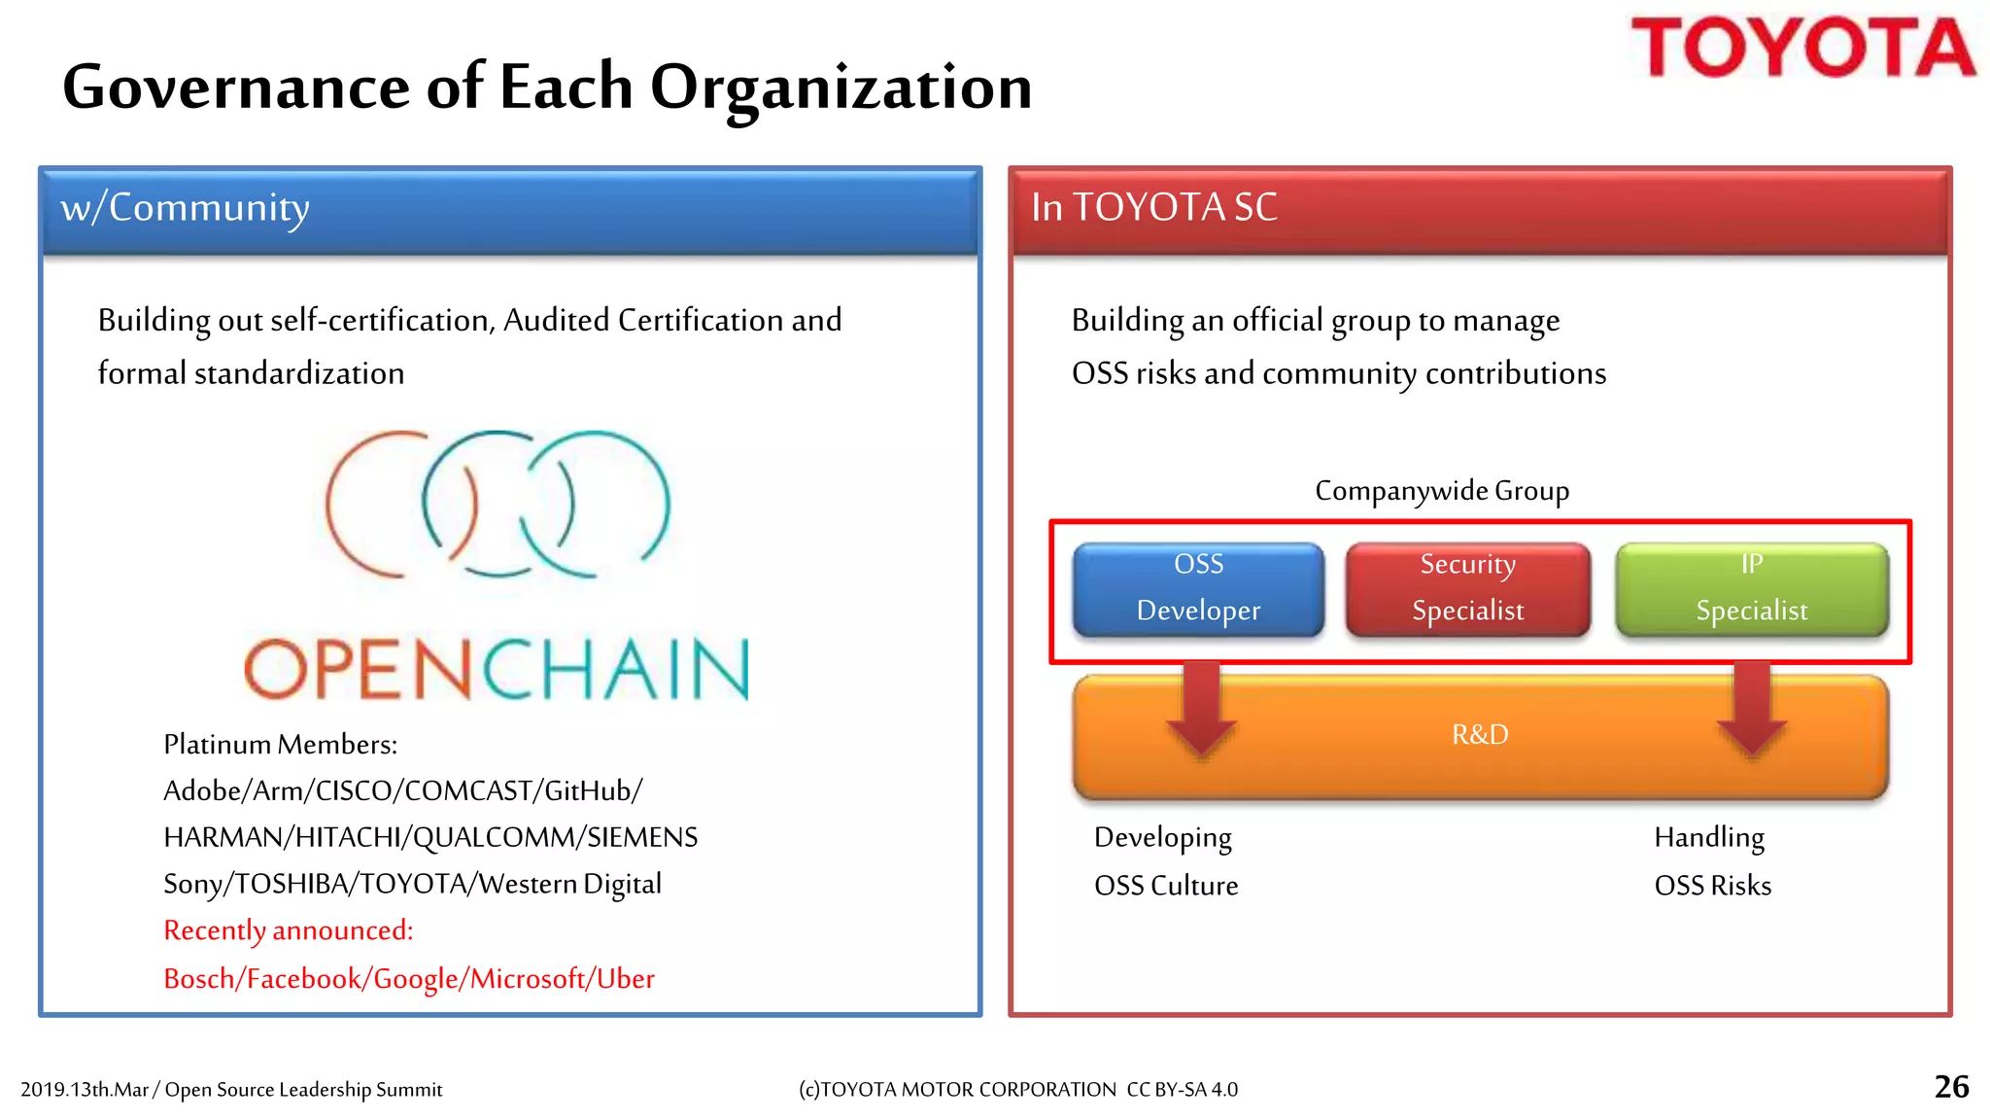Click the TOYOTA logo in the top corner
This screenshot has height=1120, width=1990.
pos(1802,49)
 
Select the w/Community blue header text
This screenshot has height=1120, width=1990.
pos(185,208)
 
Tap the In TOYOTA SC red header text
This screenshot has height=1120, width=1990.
pos(1153,208)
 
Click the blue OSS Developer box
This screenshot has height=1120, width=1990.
pos(1198,588)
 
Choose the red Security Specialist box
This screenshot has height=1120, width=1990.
pos(1467,588)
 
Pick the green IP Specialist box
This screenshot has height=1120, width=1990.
pos(1751,588)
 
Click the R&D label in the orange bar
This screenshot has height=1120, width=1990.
pos(1480,735)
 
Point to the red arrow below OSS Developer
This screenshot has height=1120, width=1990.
pos(1202,715)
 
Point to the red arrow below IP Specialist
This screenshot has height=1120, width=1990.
pos(1751,715)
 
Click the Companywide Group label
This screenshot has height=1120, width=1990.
pos(1442,491)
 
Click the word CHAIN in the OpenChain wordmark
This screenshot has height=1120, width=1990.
pos(616,671)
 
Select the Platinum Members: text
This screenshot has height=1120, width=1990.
pos(280,745)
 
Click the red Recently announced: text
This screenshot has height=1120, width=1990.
pos(288,930)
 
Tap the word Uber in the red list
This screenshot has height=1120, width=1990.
pos(625,979)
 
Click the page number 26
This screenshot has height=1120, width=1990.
pos(1951,1087)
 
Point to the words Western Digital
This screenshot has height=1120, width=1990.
pos(569,884)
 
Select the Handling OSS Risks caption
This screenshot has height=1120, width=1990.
pos(1712,861)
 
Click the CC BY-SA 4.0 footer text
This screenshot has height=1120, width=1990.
pos(1182,1090)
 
